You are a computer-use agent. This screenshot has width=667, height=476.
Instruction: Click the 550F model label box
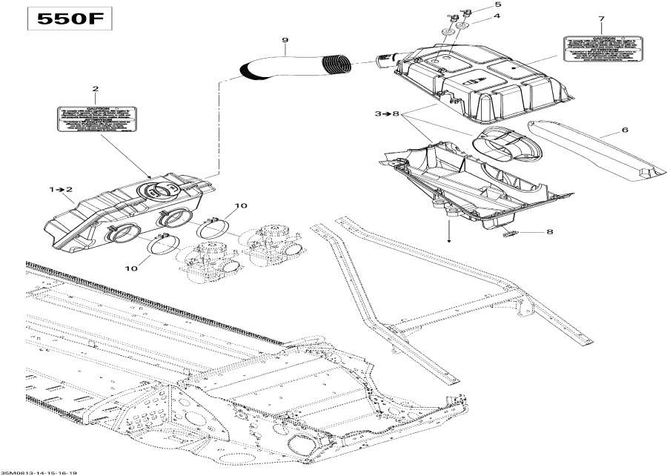click(x=70, y=20)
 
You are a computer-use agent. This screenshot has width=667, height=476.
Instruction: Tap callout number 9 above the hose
click(x=285, y=39)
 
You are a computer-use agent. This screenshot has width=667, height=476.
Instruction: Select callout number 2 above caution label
click(x=95, y=90)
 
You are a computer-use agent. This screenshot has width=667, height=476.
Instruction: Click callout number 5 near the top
click(x=477, y=5)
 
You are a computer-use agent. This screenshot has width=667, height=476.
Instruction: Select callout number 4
click(x=477, y=16)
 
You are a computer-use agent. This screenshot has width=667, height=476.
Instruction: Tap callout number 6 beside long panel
click(x=625, y=130)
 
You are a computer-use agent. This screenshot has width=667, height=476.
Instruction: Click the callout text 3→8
click(x=387, y=114)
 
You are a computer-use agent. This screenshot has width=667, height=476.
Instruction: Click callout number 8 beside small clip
click(x=549, y=233)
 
